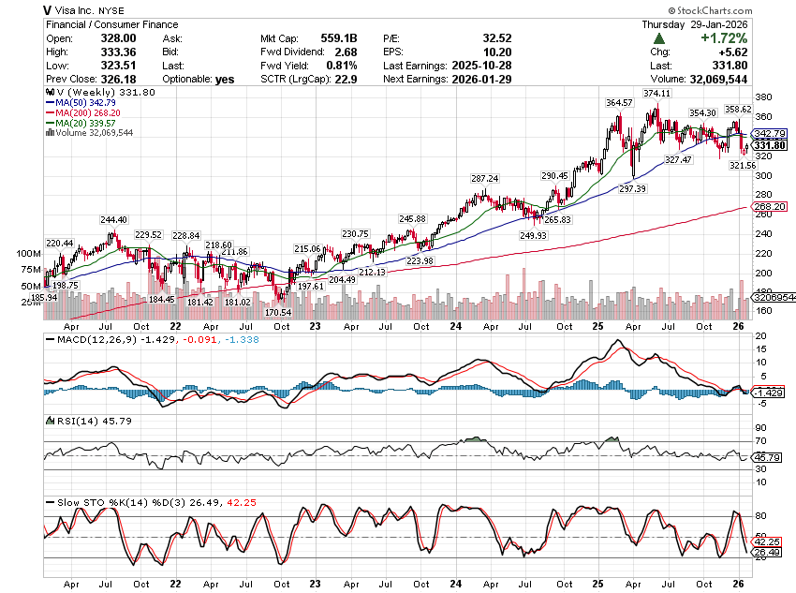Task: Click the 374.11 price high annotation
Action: pyautogui.click(x=657, y=94)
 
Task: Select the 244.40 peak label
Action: pyautogui.click(x=114, y=220)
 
